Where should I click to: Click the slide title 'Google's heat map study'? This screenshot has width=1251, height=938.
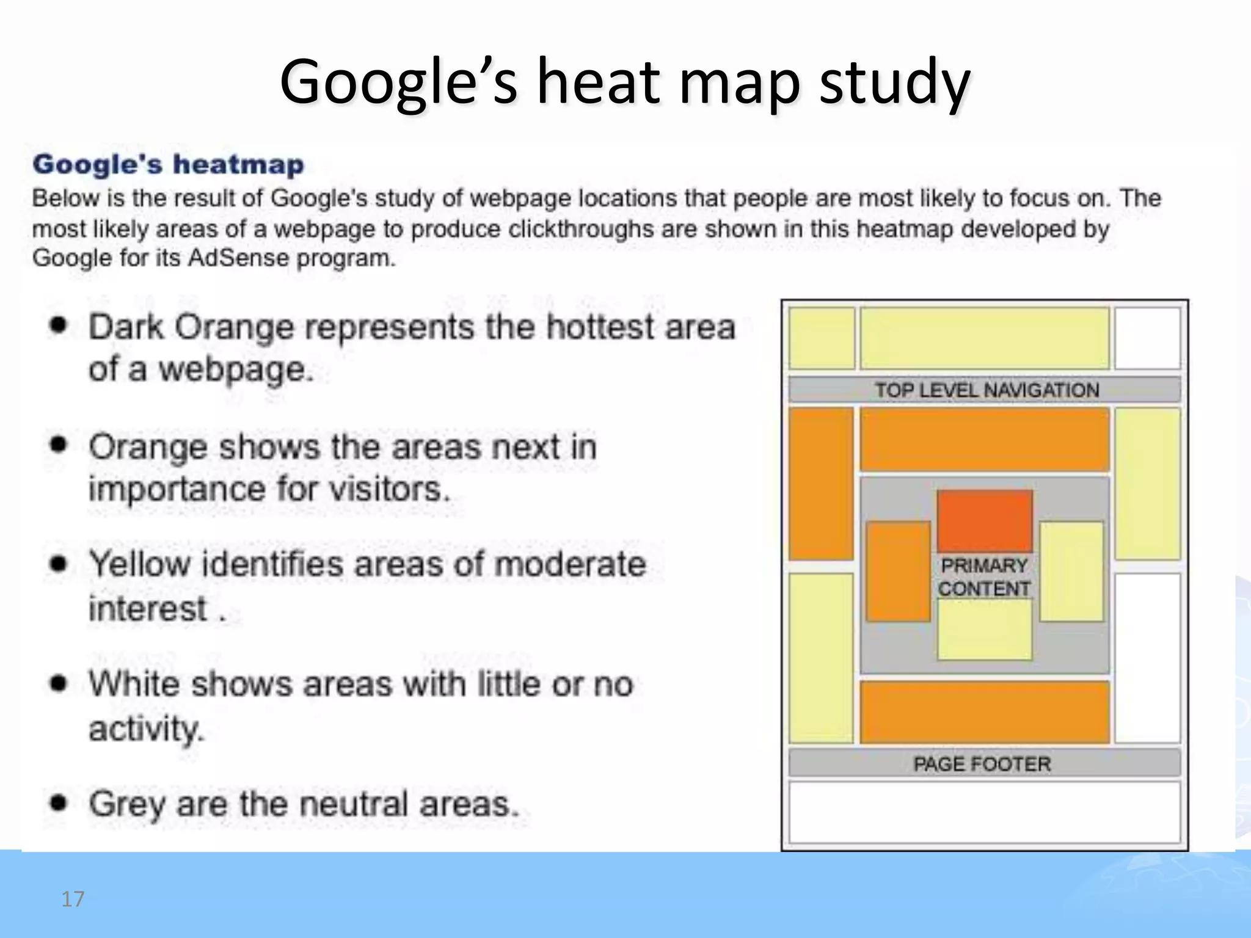(x=624, y=82)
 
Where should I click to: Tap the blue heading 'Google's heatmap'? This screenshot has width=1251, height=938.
(x=168, y=165)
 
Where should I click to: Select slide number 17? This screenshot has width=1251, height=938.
(x=73, y=899)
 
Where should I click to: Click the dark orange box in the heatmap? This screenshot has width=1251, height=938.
(x=985, y=521)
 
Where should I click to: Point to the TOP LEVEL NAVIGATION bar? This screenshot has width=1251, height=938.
(x=985, y=390)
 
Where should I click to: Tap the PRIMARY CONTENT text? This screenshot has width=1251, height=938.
(x=984, y=577)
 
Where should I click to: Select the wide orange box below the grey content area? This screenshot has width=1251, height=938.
(x=984, y=713)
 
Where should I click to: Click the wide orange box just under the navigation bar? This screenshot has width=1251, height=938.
(x=984, y=440)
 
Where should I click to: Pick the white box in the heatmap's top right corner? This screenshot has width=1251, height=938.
(x=1147, y=338)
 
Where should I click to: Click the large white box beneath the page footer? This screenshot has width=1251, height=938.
(x=984, y=813)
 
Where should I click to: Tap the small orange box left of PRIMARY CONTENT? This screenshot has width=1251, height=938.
(x=898, y=572)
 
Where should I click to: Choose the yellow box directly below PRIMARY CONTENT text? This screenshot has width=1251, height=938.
(x=985, y=630)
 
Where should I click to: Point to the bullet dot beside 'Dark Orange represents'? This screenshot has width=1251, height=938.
(x=58, y=325)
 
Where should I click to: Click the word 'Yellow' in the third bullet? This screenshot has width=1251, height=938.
(x=140, y=564)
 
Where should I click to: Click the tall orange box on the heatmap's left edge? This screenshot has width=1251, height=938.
(x=821, y=484)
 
